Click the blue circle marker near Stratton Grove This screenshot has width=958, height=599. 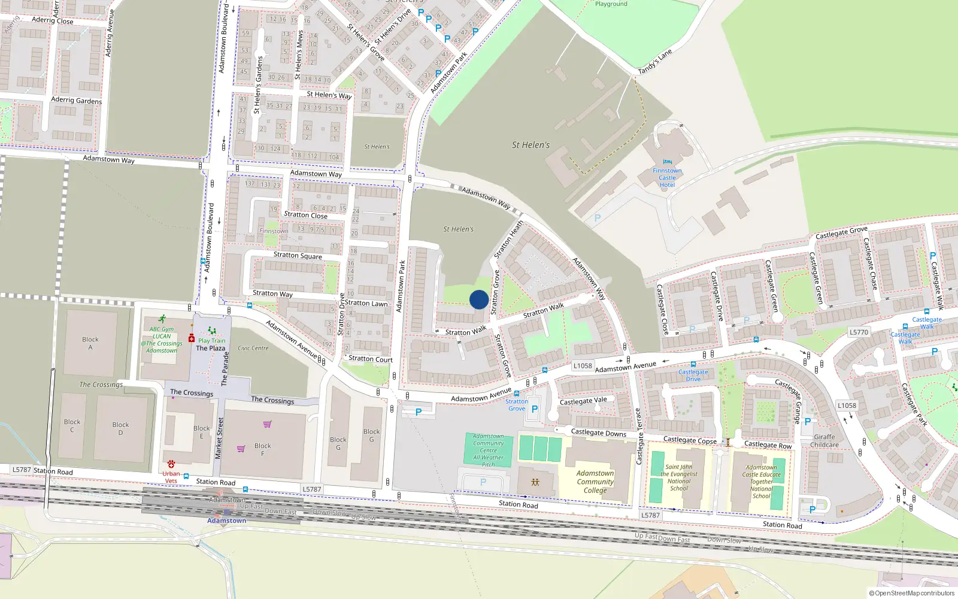(479, 299)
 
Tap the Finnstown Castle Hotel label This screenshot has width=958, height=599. (667, 178)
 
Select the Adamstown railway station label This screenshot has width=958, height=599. (226, 521)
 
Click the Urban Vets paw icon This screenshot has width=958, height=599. (171, 464)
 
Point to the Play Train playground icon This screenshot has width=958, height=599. (211, 331)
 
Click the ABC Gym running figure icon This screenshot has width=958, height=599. (162, 319)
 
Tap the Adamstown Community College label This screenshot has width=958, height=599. (595, 482)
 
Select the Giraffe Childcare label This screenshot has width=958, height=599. (824, 441)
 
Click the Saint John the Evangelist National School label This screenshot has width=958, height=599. (678, 477)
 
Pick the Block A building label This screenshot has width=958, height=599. (90, 343)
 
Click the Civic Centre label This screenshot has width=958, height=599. (253, 348)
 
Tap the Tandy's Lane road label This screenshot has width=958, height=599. (655, 62)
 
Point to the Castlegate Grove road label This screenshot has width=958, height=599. (841, 233)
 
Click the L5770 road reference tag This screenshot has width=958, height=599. (859, 332)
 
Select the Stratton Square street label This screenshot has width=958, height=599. (298, 255)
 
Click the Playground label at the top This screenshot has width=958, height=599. (611, 4)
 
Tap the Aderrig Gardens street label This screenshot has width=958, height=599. (76, 100)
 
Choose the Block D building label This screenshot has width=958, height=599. (120, 428)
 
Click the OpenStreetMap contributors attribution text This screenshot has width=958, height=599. (911, 593)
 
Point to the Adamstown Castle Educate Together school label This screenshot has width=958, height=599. (761, 482)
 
